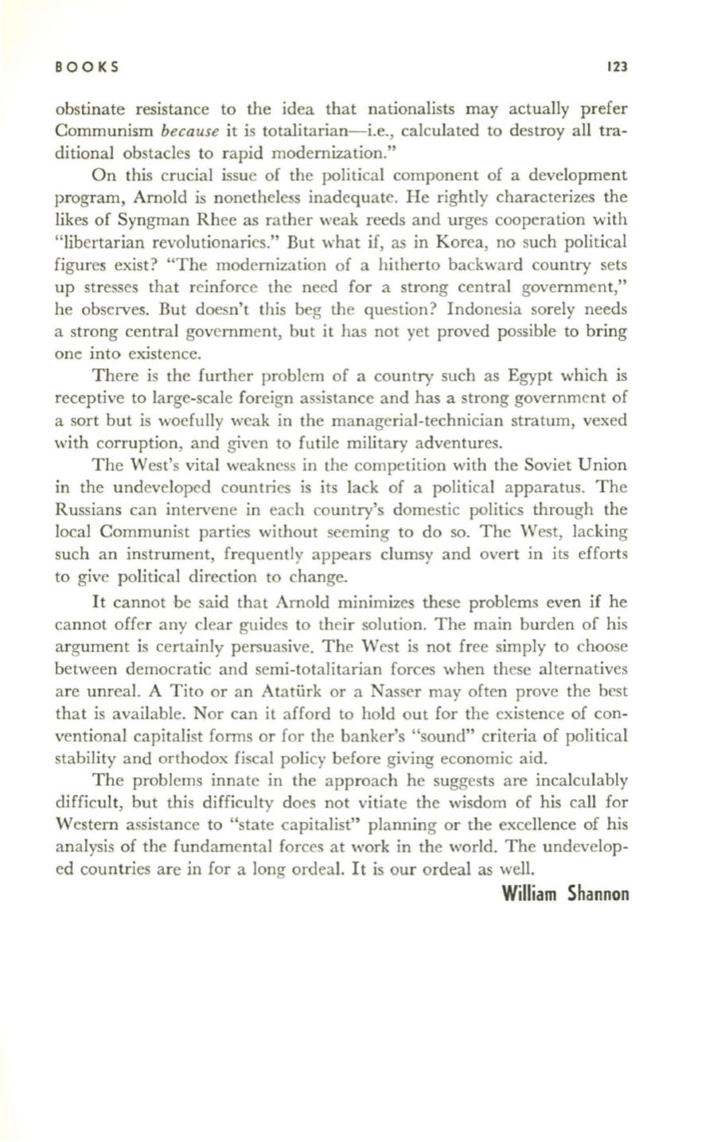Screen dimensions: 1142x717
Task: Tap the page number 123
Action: pos(616,68)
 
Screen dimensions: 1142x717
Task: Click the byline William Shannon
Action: pos(566,894)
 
